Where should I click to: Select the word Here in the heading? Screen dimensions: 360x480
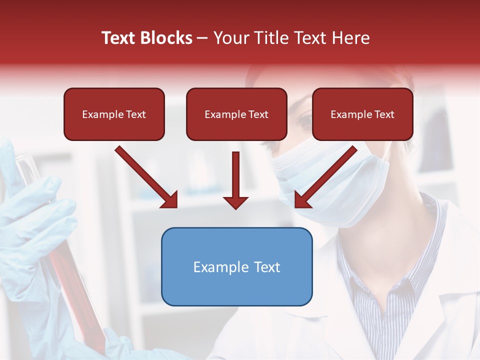click(351, 38)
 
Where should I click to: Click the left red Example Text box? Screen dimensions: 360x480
click(114, 114)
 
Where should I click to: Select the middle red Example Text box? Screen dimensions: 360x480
click(236, 114)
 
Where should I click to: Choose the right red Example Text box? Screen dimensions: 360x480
click(362, 114)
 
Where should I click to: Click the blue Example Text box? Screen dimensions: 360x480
click(236, 267)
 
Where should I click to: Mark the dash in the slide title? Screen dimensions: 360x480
click(203, 38)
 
